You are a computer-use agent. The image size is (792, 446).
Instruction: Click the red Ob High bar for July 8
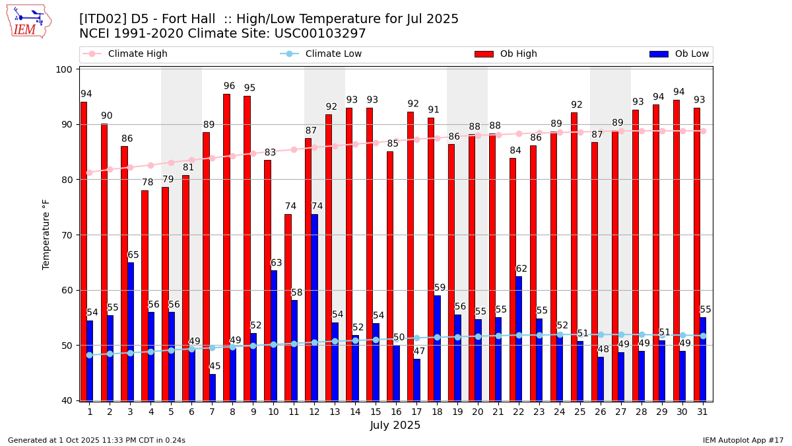[226, 247]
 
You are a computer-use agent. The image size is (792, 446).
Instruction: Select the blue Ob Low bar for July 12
[314, 307]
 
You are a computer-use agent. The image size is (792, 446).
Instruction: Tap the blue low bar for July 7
[212, 387]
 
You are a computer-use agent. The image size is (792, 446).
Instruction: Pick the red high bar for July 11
[288, 307]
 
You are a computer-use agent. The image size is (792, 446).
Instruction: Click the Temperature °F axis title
[46, 235]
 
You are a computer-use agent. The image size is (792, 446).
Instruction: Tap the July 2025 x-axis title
[395, 426]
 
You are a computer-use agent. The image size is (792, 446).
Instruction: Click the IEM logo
[28, 21]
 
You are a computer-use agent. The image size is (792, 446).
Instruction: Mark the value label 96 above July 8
[229, 87]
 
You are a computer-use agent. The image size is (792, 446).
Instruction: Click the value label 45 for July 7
[215, 366]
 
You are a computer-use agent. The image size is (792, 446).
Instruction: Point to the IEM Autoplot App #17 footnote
[743, 440]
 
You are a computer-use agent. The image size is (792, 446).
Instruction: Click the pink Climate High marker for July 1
[89, 172]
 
